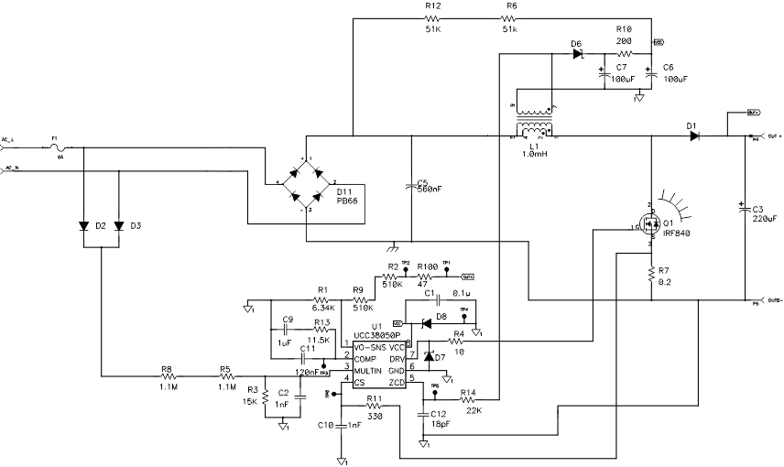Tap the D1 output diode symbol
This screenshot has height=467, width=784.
point(694,136)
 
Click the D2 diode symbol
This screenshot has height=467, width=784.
point(84,225)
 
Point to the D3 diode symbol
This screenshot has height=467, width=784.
point(118,225)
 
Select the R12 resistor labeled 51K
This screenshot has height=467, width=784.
point(432,18)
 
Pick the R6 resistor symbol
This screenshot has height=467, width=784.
point(510,18)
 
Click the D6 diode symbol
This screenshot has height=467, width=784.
point(577,54)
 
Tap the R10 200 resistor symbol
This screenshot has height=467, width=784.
point(625,54)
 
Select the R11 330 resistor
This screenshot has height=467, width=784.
point(373,407)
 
